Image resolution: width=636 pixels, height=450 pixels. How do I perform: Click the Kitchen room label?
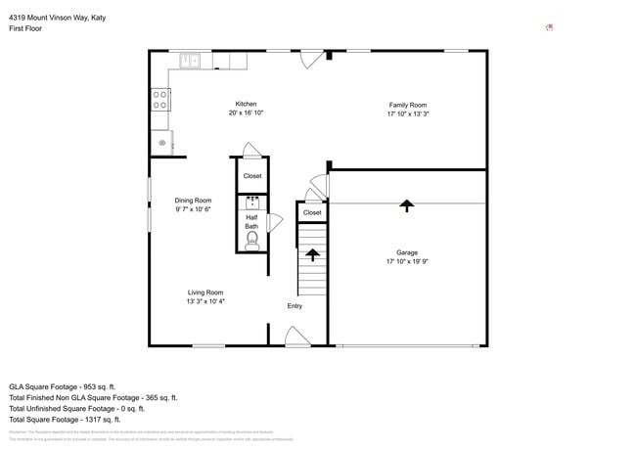coord(246,104)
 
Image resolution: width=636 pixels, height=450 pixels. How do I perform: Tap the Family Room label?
coord(407,105)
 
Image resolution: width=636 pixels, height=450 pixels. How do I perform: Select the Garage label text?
coord(407,252)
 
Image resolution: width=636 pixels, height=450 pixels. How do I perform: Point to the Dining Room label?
coord(193,200)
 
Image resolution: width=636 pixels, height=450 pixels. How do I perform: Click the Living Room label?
coord(206,292)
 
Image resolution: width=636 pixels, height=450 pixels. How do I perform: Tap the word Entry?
coord(295,306)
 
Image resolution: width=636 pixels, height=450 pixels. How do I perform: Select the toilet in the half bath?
coord(251,241)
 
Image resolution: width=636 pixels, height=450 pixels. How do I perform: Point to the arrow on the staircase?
coord(312,254)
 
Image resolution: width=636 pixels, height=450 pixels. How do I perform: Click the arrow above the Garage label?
coord(406,204)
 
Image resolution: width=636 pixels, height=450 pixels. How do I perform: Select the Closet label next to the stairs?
coord(312,212)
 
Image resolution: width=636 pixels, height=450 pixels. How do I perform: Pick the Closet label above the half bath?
coord(252,176)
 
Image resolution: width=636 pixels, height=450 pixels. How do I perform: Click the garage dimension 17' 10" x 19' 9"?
coord(407,262)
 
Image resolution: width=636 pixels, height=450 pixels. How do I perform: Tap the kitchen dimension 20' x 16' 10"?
coord(246,113)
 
